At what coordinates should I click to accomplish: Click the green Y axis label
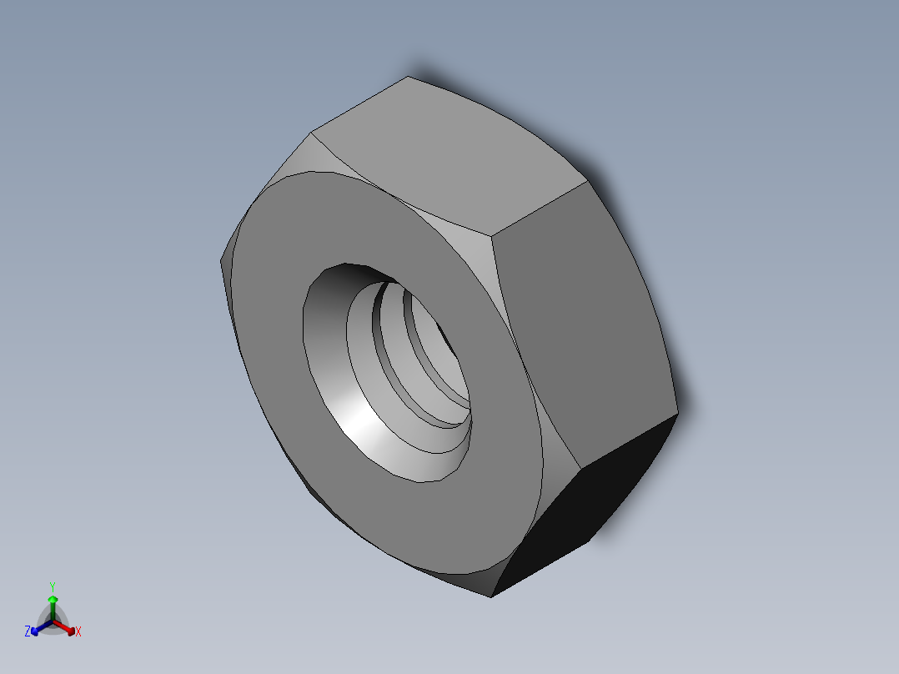click(x=52, y=586)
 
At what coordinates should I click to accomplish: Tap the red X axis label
click(x=78, y=632)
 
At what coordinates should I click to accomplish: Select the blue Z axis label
click(x=28, y=632)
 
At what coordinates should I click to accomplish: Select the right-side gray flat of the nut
click(x=584, y=325)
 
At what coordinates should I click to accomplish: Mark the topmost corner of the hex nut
click(x=408, y=77)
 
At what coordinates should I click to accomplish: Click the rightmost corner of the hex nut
click(x=678, y=412)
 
